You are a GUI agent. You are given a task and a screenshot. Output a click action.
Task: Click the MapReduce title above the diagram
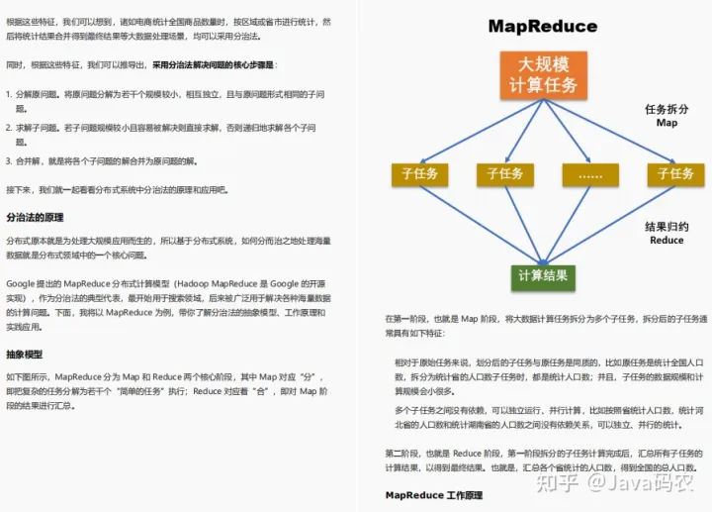pos(542,26)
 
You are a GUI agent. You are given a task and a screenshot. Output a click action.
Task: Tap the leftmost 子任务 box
pos(419,174)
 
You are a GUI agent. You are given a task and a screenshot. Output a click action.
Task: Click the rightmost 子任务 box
pos(675,174)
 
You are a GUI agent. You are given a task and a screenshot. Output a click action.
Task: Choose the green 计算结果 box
pos(543,275)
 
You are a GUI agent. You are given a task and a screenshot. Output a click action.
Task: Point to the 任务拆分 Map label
pos(667,116)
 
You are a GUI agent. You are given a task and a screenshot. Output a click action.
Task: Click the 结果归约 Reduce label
pos(667,233)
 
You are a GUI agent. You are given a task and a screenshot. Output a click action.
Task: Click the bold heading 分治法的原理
pos(35,217)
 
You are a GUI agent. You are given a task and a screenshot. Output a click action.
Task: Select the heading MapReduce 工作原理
pos(433,494)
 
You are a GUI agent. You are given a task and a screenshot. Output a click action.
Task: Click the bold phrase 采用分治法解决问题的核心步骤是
pos(214,65)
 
